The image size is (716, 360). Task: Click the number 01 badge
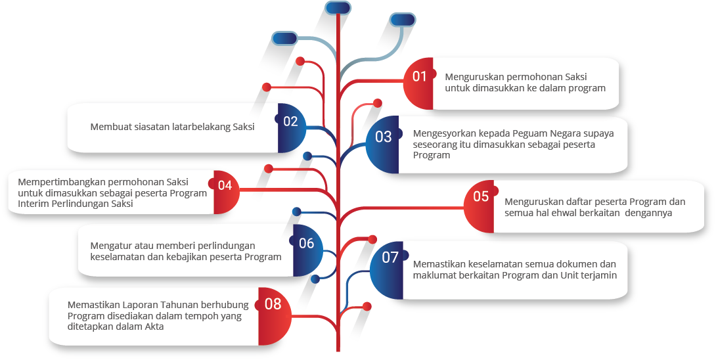(418, 83)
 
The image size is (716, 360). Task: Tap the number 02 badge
(292, 128)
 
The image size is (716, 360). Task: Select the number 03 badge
(383, 145)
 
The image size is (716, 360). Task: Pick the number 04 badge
(225, 192)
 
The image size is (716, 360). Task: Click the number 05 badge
(480, 206)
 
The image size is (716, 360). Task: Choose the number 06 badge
(307, 250)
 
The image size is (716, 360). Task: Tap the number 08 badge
(274, 316)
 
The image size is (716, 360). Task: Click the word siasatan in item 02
(152, 127)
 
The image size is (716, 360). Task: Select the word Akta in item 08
(154, 326)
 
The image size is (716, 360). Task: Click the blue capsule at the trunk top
(338, 8)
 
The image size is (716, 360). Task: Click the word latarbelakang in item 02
(201, 127)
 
